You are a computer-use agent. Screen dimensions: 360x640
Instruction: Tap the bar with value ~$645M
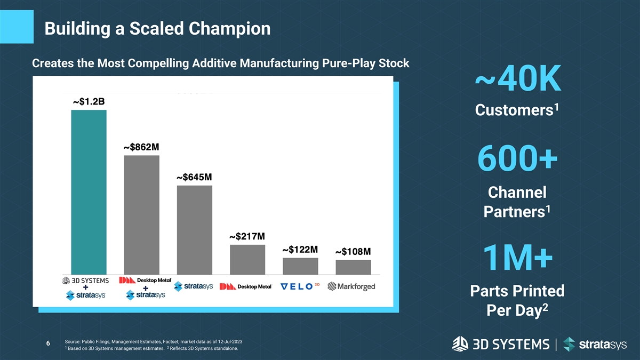(194, 230)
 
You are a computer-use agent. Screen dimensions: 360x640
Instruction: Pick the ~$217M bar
(247, 259)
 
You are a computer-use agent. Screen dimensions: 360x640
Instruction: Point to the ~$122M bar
(300, 266)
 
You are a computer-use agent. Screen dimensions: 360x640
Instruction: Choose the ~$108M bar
(353, 267)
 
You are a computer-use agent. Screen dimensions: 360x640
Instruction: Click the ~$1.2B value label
(89, 102)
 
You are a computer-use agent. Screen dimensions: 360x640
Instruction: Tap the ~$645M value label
(194, 177)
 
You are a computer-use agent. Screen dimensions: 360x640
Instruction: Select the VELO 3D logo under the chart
(300, 286)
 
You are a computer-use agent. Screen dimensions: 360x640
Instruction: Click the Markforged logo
(351, 286)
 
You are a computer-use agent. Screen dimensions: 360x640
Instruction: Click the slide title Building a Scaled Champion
(158, 28)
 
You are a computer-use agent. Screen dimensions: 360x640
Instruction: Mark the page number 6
(48, 343)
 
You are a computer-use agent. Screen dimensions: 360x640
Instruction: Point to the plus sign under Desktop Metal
(145, 288)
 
